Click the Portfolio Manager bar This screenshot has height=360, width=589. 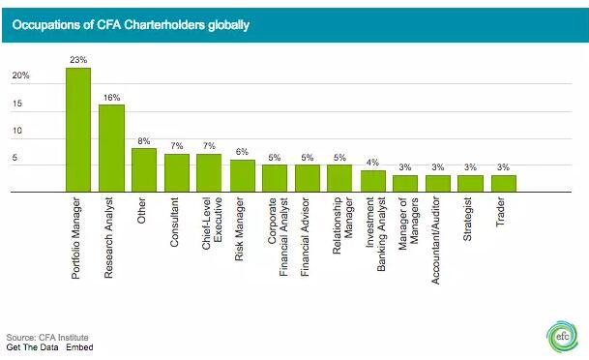click(77, 131)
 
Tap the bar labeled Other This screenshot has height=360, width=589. click(144, 170)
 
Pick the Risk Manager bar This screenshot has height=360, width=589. click(243, 176)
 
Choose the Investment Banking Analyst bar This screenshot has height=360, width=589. click(373, 182)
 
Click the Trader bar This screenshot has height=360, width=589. click(503, 184)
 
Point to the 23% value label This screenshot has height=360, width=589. click(77, 59)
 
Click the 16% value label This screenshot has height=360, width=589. click(111, 96)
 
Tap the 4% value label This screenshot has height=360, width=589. click(373, 163)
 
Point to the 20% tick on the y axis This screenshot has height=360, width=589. click(20, 75)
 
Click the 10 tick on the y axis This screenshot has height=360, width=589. click(16, 131)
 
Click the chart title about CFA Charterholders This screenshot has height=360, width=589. click(131, 24)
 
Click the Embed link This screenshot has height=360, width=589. click(80, 346)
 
